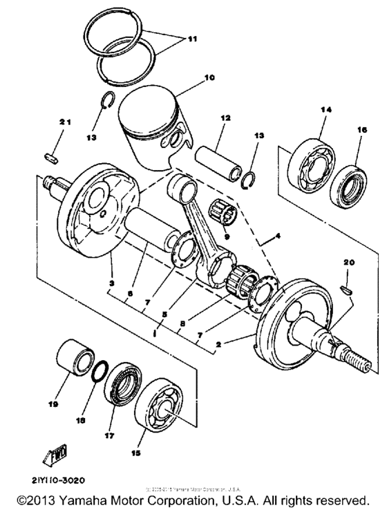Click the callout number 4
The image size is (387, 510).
(x=278, y=237)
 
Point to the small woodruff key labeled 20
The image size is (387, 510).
(x=348, y=287)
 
